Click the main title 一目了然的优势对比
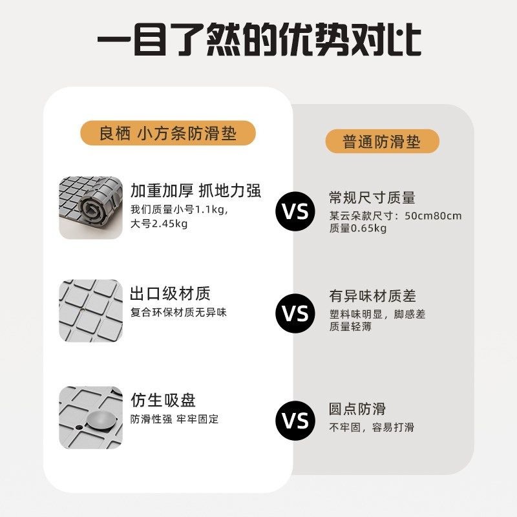coord(258,40)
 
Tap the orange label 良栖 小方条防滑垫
coord(167,134)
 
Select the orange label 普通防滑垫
coord(381,141)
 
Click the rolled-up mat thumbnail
coord(90,207)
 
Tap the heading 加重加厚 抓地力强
coord(195,191)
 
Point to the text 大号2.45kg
coord(159,224)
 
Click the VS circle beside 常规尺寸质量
coord(297,211)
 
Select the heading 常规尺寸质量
coord(372,198)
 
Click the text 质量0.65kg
coord(358,228)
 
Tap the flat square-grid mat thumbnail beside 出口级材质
coord(90,311)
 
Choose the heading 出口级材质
coord(171,294)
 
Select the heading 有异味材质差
coord(372,297)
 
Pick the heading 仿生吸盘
coord(163,401)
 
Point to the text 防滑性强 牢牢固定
coord(174,419)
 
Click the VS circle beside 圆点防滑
coord(297,421)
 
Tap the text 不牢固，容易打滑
coord(372,427)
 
